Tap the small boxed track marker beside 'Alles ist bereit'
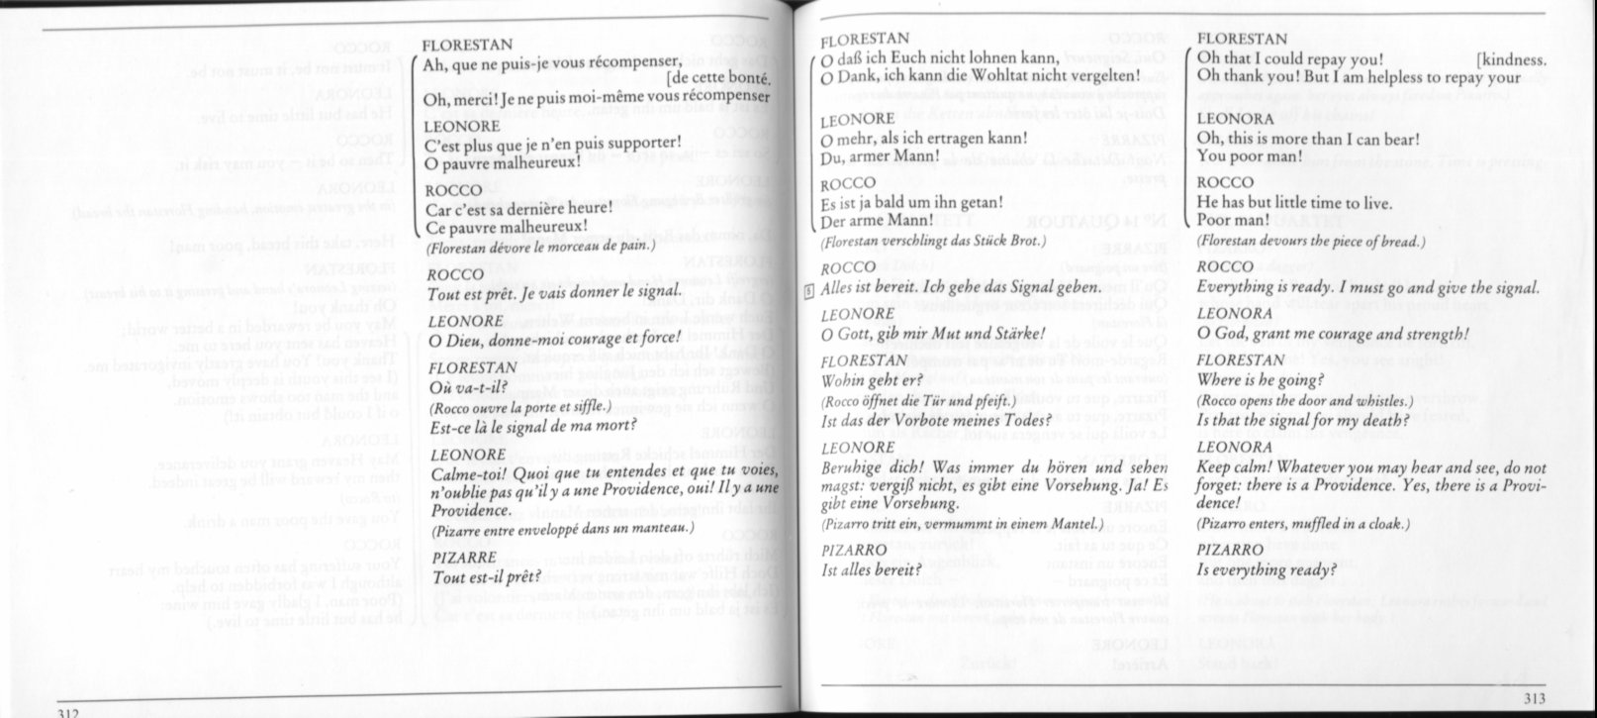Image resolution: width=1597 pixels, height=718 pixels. coord(808,288)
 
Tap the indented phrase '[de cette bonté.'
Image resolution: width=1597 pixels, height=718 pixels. coord(718,80)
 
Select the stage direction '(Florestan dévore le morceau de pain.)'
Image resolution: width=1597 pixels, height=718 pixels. coord(540,247)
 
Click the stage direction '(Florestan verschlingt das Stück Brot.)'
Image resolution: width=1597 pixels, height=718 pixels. coord(933,242)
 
